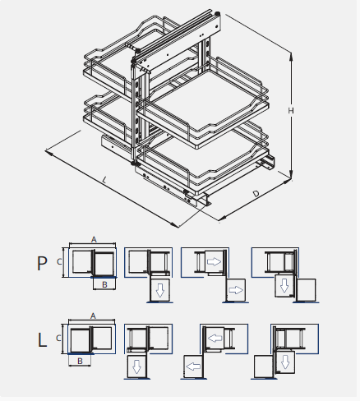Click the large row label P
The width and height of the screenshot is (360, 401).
43,264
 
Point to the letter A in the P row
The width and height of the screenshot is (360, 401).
94,239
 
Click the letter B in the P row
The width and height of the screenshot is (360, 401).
105,284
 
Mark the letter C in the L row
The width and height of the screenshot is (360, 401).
60,338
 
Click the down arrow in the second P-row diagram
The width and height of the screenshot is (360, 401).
160,290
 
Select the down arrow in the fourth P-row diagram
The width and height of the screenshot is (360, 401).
284,284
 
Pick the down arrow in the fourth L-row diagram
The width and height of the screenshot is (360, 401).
284,362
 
